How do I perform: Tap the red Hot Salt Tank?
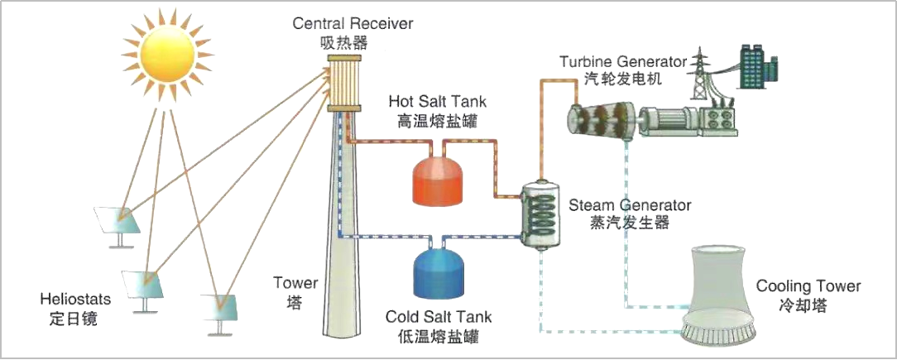point(443,179)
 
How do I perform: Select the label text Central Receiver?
point(353,23)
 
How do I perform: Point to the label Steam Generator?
point(630,205)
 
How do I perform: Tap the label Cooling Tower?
point(808,286)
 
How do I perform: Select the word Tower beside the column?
point(295,284)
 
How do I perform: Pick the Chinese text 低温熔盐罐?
point(438,336)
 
